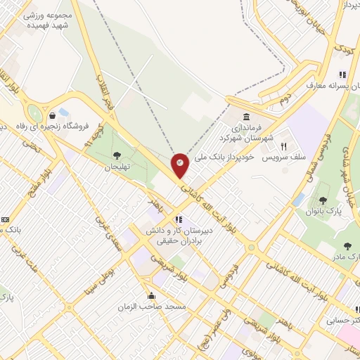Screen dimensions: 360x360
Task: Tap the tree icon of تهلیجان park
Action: click(x=117, y=155)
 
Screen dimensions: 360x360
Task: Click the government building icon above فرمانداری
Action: click(x=247, y=117)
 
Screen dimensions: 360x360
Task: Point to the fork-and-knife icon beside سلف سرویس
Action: click(x=284, y=147)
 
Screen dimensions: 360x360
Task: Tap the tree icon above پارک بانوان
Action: click(x=323, y=200)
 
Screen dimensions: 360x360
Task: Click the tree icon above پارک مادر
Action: click(x=347, y=246)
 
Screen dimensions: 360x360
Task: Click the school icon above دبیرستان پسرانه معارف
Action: click(x=342, y=75)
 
